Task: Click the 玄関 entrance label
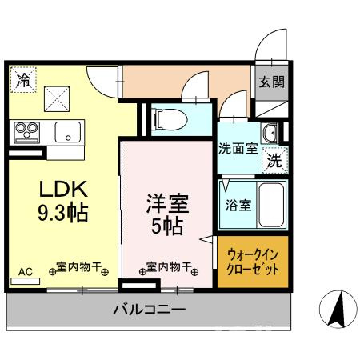click(x=269, y=82)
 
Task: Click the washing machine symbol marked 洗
click(x=274, y=159)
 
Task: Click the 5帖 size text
click(x=166, y=226)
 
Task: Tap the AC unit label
click(x=26, y=271)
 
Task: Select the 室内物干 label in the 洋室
click(x=169, y=268)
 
